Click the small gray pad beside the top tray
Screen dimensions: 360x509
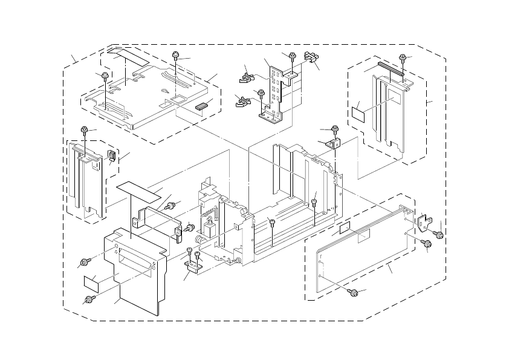click(202, 104)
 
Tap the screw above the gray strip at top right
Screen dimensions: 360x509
click(403, 59)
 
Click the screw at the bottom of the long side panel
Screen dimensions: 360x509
click(354, 293)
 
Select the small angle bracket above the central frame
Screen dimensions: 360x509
click(332, 144)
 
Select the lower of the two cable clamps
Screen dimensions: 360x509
click(242, 100)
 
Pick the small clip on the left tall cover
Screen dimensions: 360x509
click(111, 155)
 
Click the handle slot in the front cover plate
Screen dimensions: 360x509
click(134, 261)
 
